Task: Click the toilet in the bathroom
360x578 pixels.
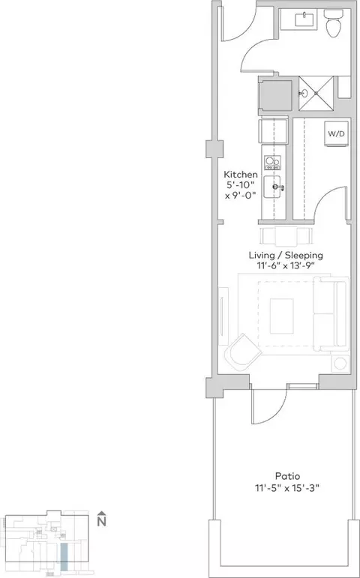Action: (334, 22)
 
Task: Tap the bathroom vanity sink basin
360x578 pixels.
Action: (304, 19)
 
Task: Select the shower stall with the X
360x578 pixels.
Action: (316, 93)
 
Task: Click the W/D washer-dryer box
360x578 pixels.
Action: (337, 133)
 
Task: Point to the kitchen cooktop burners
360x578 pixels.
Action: (272, 162)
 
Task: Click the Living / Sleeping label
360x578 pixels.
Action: (286, 255)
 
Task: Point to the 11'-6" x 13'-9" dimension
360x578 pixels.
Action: (286, 265)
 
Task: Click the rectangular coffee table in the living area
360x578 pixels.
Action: (282, 316)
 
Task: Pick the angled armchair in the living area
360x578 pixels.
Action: (243, 352)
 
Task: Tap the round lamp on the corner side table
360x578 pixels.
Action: (340, 364)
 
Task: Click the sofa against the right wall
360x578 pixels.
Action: (331, 313)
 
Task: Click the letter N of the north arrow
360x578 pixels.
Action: (102, 522)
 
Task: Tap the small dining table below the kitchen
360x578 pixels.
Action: (286, 236)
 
